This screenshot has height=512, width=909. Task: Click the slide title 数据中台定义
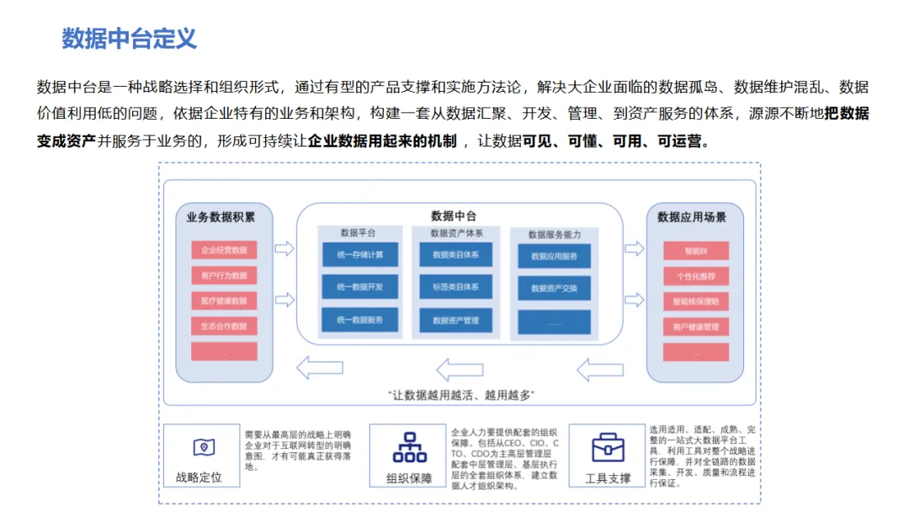click(129, 39)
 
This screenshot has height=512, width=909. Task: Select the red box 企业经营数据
click(224, 250)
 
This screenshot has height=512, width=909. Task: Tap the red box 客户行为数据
click(224, 275)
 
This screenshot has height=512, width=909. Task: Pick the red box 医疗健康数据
click(224, 301)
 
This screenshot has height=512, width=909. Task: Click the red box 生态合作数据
click(224, 326)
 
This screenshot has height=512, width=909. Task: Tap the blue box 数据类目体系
click(455, 254)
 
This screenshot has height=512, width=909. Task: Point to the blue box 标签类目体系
click(455, 287)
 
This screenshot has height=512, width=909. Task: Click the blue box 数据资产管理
click(455, 320)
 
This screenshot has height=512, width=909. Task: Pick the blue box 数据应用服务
click(554, 256)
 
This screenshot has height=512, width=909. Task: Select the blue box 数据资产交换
click(554, 289)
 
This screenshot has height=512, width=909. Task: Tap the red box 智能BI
click(695, 251)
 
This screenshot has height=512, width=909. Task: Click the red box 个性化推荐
click(695, 276)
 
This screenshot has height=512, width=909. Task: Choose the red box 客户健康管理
click(695, 327)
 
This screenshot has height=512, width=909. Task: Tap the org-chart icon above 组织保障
click(410, 447)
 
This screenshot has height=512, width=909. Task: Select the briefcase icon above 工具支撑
click(608, 447)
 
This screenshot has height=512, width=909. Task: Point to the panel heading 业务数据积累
click(221, 217)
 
